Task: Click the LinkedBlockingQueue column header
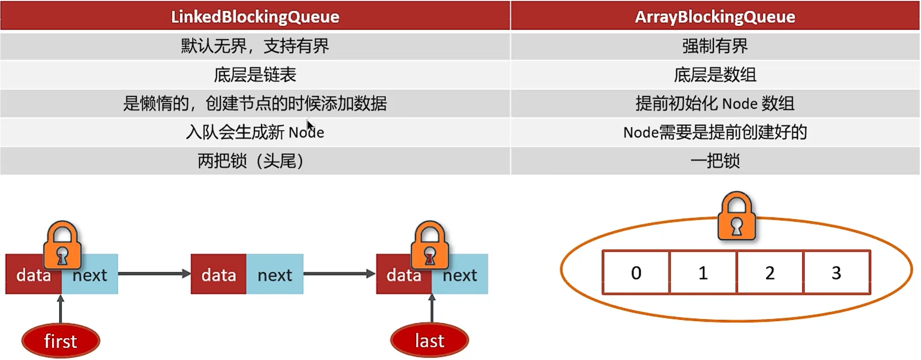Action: point(255,16)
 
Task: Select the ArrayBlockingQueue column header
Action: point(715,16)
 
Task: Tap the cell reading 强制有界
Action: point(715,46)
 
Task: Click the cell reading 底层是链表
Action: point(255,75)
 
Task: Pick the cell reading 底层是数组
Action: point(715,75)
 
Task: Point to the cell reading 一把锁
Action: point(715,161)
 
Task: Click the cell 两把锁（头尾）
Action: point(255,161)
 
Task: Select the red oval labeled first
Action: point(61,340)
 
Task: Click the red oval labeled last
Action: point(430,340)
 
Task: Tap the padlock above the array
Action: point(737,216)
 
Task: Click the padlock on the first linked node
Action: point(62,245)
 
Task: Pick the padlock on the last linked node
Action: point(430,245)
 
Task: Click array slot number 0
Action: point(636,272)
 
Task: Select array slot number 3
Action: point(836,272)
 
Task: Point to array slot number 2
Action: point(770,272)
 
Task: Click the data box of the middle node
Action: point(219,274)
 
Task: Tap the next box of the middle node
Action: point(274,274)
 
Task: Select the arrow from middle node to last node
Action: point(340,273)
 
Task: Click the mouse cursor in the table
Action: point(310,126)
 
